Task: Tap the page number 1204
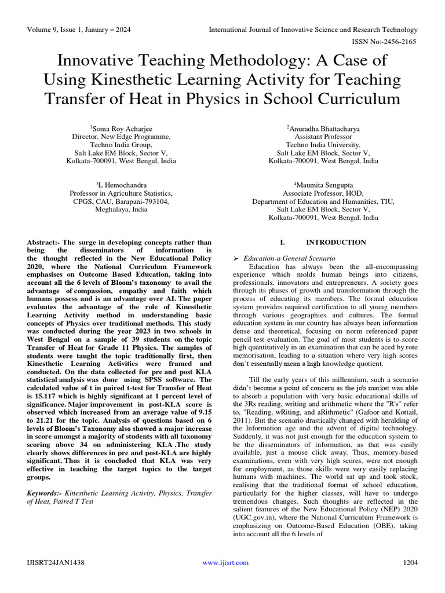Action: click(x=410, y=562)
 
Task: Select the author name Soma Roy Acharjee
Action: click(x=121, y=128)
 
